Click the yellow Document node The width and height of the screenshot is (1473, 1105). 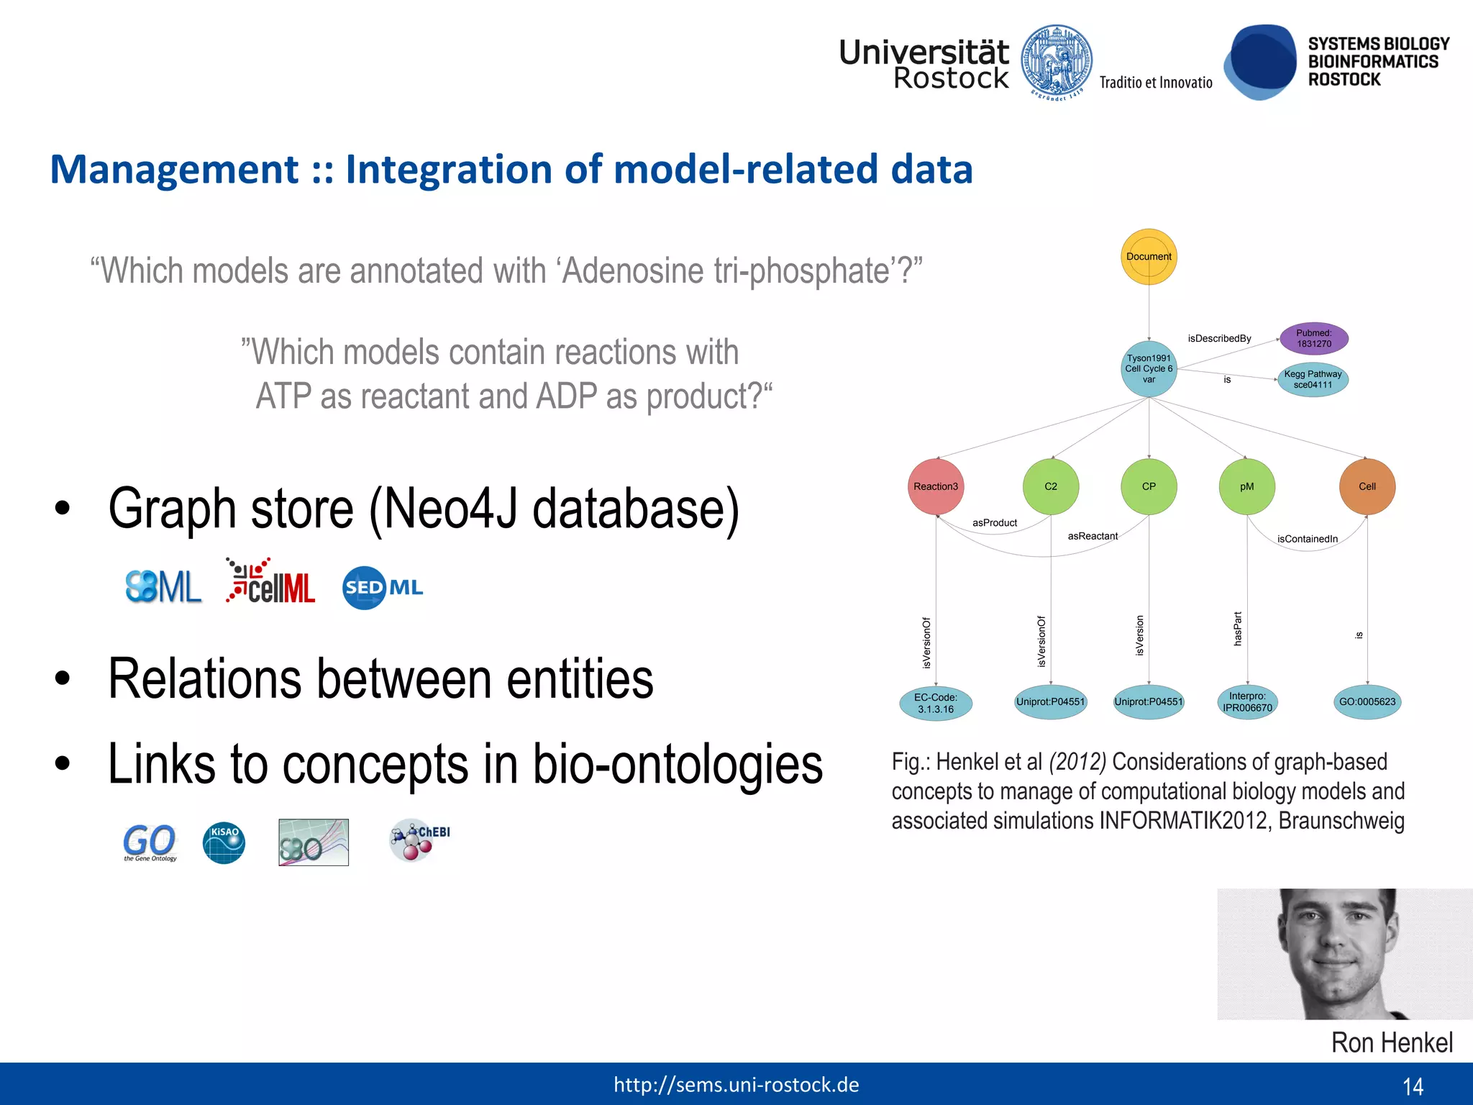1149,257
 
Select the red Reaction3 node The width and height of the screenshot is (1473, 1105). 936,486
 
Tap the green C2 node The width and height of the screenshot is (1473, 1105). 1051,486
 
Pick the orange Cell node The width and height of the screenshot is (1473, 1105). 1367,486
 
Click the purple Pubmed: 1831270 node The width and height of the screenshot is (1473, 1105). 1313,338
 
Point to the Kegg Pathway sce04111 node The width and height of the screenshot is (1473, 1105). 1313,379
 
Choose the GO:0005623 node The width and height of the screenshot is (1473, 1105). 1367,701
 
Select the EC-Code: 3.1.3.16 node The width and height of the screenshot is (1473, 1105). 935,703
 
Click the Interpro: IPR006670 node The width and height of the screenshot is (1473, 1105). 1247,701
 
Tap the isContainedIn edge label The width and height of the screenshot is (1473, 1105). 1307,539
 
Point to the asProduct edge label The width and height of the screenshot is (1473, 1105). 995,523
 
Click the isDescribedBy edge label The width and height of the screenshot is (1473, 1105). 1219,338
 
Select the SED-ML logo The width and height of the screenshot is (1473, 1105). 382,588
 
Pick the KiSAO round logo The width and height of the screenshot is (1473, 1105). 224,842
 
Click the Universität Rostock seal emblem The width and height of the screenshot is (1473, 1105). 1057,63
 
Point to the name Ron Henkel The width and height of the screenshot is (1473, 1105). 1391,1042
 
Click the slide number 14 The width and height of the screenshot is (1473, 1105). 1413,1086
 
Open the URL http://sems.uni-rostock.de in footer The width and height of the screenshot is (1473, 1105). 736,1085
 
